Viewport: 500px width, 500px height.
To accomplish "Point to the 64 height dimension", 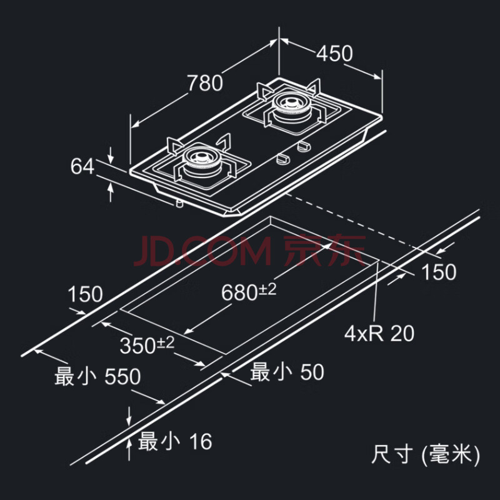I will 82,167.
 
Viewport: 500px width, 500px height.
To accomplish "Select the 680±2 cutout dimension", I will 249,290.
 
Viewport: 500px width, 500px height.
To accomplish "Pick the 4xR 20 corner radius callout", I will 379,333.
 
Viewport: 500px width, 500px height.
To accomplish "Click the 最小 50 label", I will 287,373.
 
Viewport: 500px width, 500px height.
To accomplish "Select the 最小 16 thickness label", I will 175,441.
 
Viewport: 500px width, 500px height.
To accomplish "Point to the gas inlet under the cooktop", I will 179,202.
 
